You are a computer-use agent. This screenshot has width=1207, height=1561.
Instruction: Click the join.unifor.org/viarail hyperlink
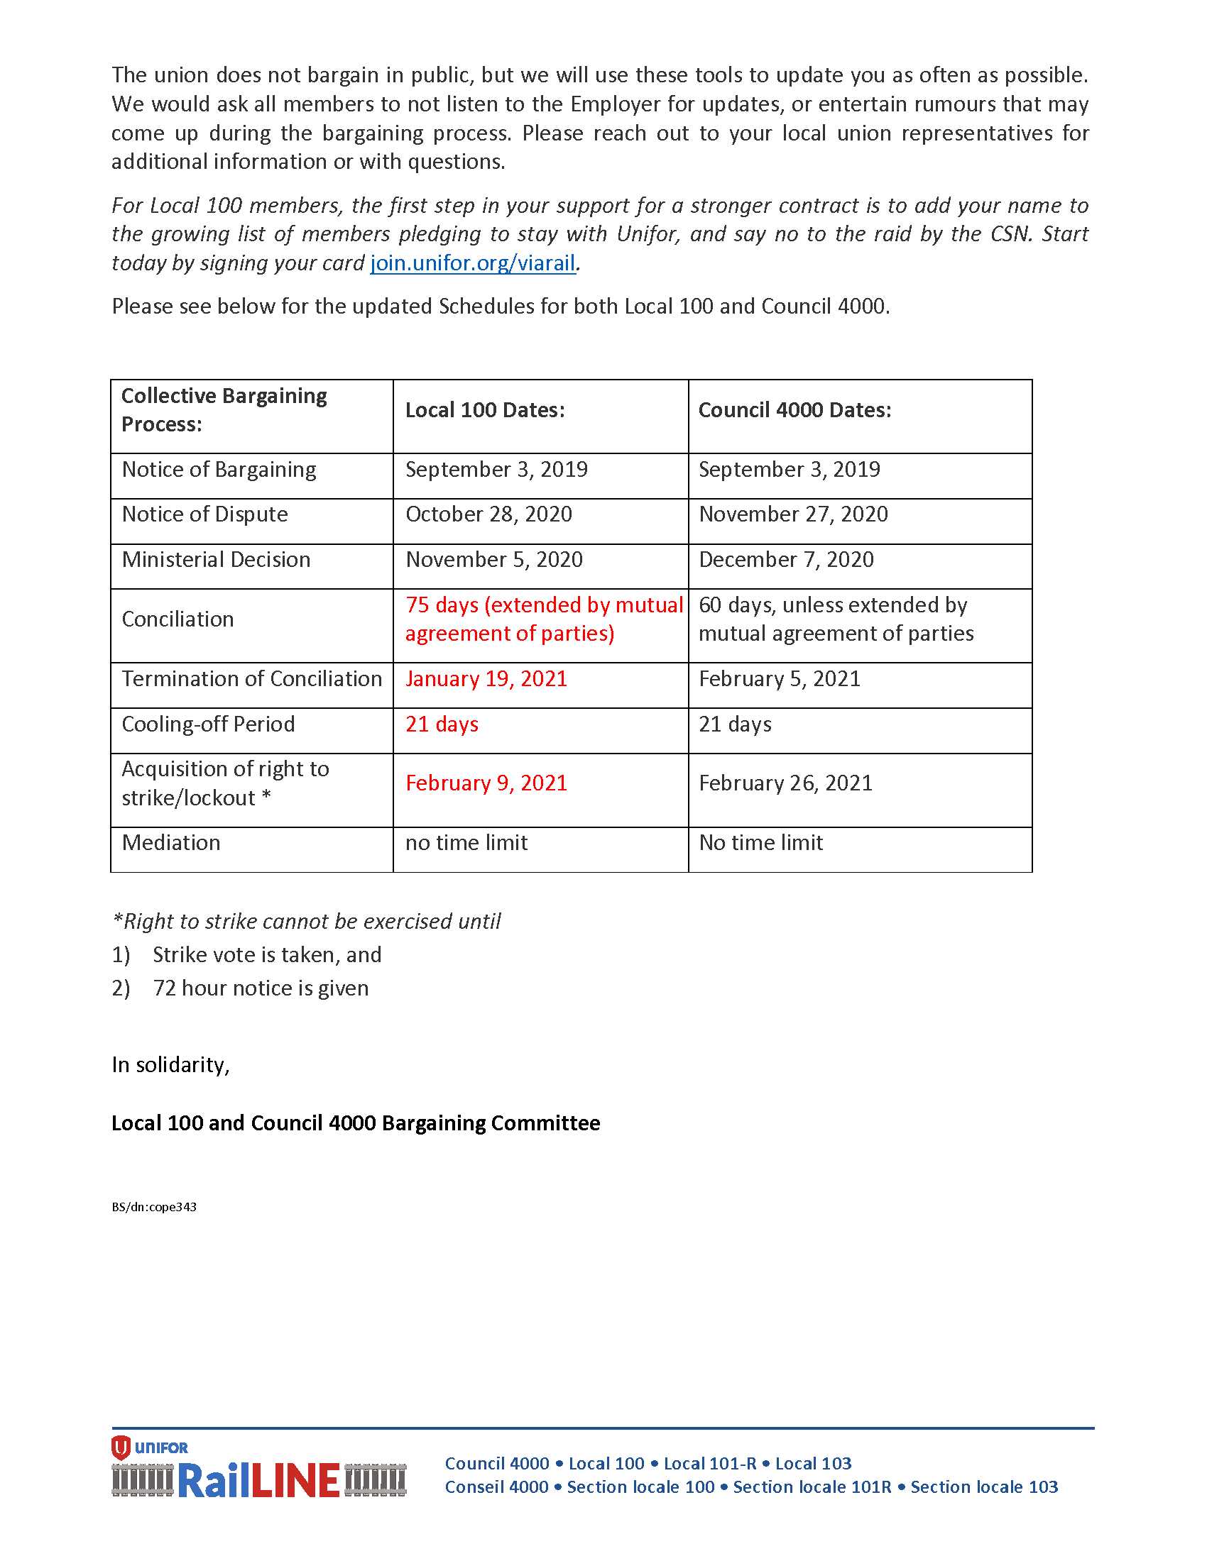473,263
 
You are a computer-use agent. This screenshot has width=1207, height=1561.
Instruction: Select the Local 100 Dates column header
485,410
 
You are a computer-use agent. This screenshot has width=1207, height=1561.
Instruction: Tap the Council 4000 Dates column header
794,410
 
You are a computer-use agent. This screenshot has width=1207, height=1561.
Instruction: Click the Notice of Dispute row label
204,514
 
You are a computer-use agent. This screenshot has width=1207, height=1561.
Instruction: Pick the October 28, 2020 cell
488,514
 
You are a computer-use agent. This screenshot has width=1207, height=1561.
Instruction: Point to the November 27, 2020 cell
793,514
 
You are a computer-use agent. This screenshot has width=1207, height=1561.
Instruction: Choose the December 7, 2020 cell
786,560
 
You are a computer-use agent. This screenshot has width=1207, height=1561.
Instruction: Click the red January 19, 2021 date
486,679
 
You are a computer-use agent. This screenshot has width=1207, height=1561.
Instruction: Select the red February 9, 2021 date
486,783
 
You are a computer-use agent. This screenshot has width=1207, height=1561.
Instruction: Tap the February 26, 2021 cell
785,783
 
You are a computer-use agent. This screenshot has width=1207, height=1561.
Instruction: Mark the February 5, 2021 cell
780,679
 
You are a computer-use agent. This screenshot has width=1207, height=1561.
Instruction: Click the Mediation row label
171,843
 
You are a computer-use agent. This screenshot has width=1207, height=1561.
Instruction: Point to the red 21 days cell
442,724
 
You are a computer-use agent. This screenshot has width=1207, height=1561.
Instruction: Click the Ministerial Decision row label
216,560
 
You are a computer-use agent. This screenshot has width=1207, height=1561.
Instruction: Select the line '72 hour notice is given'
261,988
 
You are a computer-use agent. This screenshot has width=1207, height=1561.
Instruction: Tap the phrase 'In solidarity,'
170,1065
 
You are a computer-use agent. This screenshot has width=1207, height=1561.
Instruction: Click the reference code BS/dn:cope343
154,1207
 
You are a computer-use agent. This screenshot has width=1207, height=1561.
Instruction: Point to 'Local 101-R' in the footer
709,1463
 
